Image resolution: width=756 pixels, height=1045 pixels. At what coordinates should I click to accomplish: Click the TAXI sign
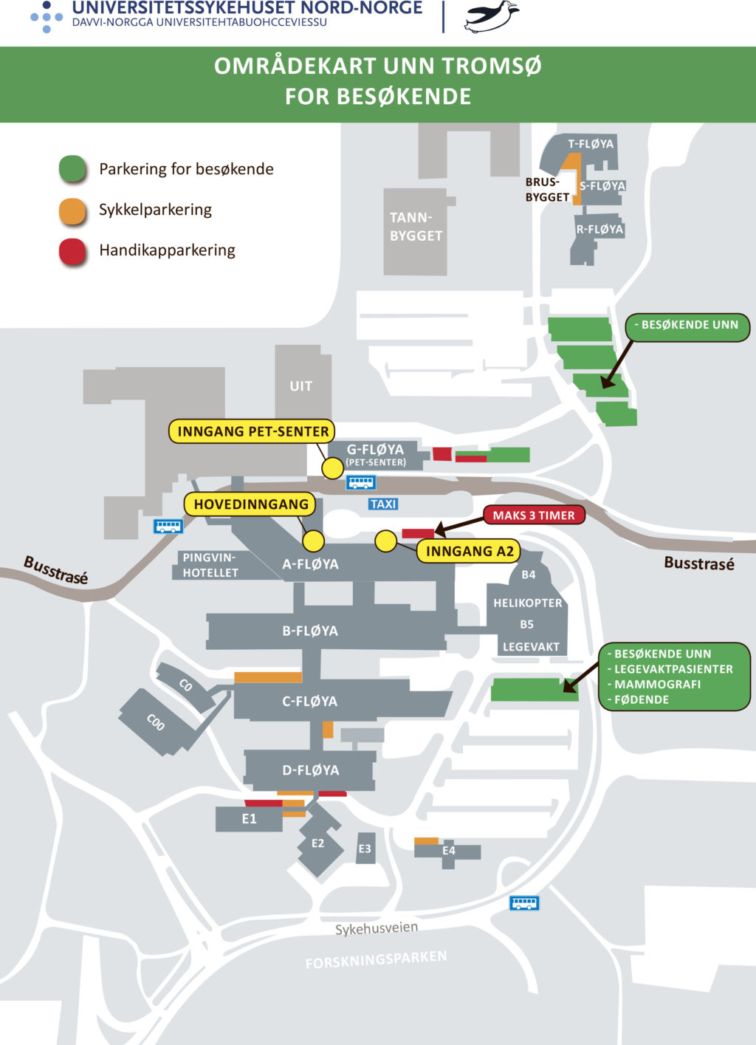pos(383,504)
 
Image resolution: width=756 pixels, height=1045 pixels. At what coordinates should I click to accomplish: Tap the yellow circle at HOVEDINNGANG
pos(313,541)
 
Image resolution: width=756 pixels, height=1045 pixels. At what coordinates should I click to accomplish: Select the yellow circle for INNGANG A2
pos(385,541)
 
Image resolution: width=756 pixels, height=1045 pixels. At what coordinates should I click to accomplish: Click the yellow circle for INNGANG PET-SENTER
pos(333,467)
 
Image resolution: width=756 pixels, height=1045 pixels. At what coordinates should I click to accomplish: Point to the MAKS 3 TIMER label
pos(534,515)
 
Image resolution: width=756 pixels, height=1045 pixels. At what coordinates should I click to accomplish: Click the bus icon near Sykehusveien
pos(524,902)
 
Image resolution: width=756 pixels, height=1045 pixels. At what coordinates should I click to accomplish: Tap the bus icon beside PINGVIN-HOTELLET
pos(168,527)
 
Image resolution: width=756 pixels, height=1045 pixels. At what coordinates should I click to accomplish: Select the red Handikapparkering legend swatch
pos(73,251)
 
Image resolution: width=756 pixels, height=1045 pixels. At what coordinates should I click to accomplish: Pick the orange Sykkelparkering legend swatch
pos(73,210)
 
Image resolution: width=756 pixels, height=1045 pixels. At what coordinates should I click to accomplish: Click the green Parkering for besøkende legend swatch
pos(73,169)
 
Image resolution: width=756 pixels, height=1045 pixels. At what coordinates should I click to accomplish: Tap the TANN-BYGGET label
pos(416,227)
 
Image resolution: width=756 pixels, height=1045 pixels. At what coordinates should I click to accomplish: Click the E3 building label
pos(365,849)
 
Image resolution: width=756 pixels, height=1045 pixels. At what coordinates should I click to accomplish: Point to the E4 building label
pos(449,851)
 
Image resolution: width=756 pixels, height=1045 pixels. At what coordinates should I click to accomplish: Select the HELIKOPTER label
pos(527,603)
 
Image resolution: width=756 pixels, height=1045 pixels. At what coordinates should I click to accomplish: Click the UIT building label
pos(300,386)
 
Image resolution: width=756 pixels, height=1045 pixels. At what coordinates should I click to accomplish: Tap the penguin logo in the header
pos(490,16)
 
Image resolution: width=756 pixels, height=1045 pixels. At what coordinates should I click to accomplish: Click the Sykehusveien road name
pos(377,928)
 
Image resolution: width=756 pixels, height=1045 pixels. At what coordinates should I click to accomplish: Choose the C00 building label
pos(155,722)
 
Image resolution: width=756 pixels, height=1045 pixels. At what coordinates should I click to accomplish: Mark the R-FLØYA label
pos(599,229)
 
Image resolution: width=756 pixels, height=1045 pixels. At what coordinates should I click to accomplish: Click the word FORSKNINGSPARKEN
pos(376,959)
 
